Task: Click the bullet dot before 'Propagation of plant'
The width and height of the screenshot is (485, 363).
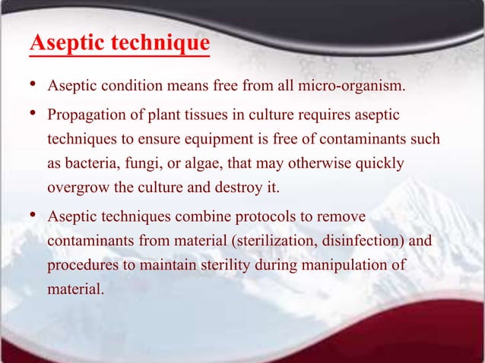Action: click(x=33, y=115)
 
